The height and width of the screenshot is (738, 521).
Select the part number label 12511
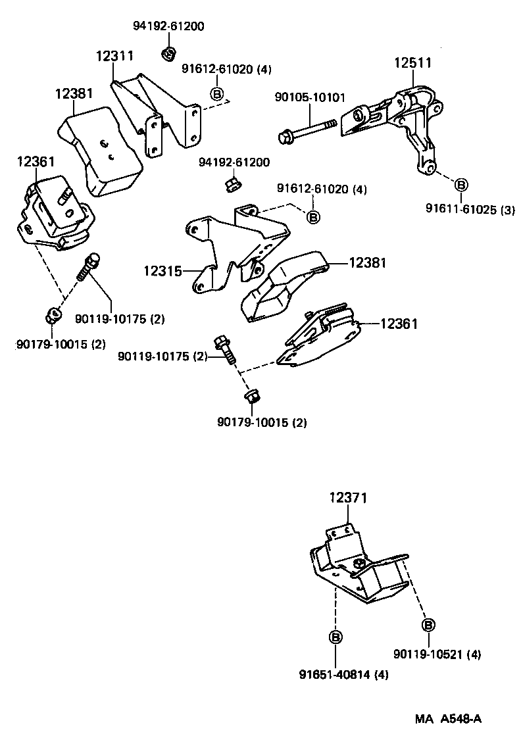coord(412,63)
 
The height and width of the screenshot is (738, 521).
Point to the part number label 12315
coord(163,270)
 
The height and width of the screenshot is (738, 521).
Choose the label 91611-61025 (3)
coord(470,210)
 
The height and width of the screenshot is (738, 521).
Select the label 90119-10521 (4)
coord(437,654)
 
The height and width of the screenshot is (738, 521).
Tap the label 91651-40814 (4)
coord(343,674)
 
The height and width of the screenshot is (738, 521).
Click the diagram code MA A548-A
coord(448,719)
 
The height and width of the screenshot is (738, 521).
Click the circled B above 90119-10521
coord(428,624)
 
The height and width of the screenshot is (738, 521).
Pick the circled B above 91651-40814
coord(335,637)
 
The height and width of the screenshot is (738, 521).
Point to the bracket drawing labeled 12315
coord(230,250)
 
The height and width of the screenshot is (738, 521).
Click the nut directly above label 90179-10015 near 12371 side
coord(251,397)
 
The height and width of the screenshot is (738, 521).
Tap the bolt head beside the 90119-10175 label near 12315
coord(221,344)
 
